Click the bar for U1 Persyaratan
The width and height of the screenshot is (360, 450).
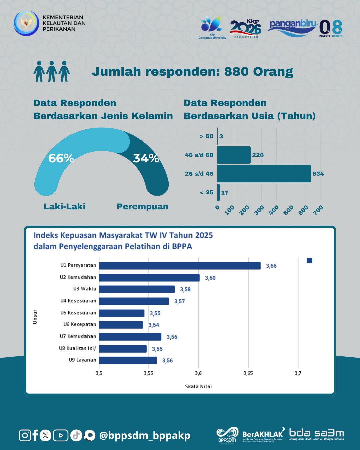[180, 266]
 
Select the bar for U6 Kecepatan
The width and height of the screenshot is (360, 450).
[121, 325]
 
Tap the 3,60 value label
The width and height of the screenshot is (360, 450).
[210, 278]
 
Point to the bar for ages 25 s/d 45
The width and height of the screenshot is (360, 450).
[264, 174]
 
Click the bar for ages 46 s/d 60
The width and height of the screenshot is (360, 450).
[234, 155]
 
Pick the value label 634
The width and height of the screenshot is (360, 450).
[318, 174]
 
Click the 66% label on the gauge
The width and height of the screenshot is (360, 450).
[61, 158]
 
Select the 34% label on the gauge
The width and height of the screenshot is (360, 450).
[146, 158]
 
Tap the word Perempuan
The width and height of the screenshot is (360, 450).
[142, 207]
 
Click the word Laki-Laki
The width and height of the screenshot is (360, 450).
[65, 207]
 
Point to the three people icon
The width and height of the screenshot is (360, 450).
[52, 71]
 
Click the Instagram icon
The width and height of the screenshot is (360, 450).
[25, 435]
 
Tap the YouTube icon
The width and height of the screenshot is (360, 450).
[61, 435]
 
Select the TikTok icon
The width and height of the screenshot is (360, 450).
[76, 435]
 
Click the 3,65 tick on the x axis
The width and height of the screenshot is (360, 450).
[248, 373]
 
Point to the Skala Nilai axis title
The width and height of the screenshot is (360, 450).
[198, 386]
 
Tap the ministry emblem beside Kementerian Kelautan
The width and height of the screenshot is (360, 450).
[26, 23]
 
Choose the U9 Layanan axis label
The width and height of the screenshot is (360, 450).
[82, 360]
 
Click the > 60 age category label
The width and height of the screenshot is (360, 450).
[206, 136]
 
